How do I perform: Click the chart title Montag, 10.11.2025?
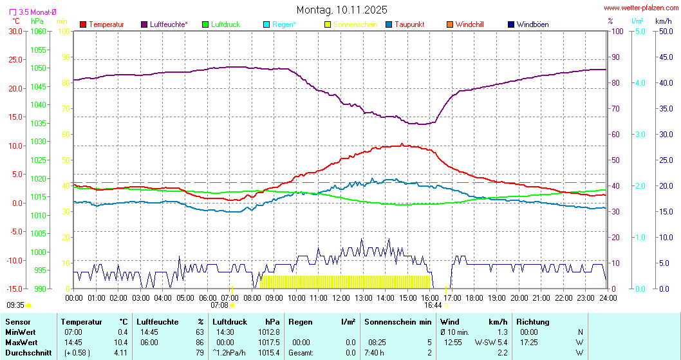(342, 10)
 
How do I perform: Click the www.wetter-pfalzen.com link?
(640, 8)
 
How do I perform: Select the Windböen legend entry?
(532, 24)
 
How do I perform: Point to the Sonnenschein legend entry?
(351, 24)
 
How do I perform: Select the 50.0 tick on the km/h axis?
(664, 31)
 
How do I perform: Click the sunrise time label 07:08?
(220, 305)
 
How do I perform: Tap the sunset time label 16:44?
(433, 305)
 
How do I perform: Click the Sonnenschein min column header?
(398, 321)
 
